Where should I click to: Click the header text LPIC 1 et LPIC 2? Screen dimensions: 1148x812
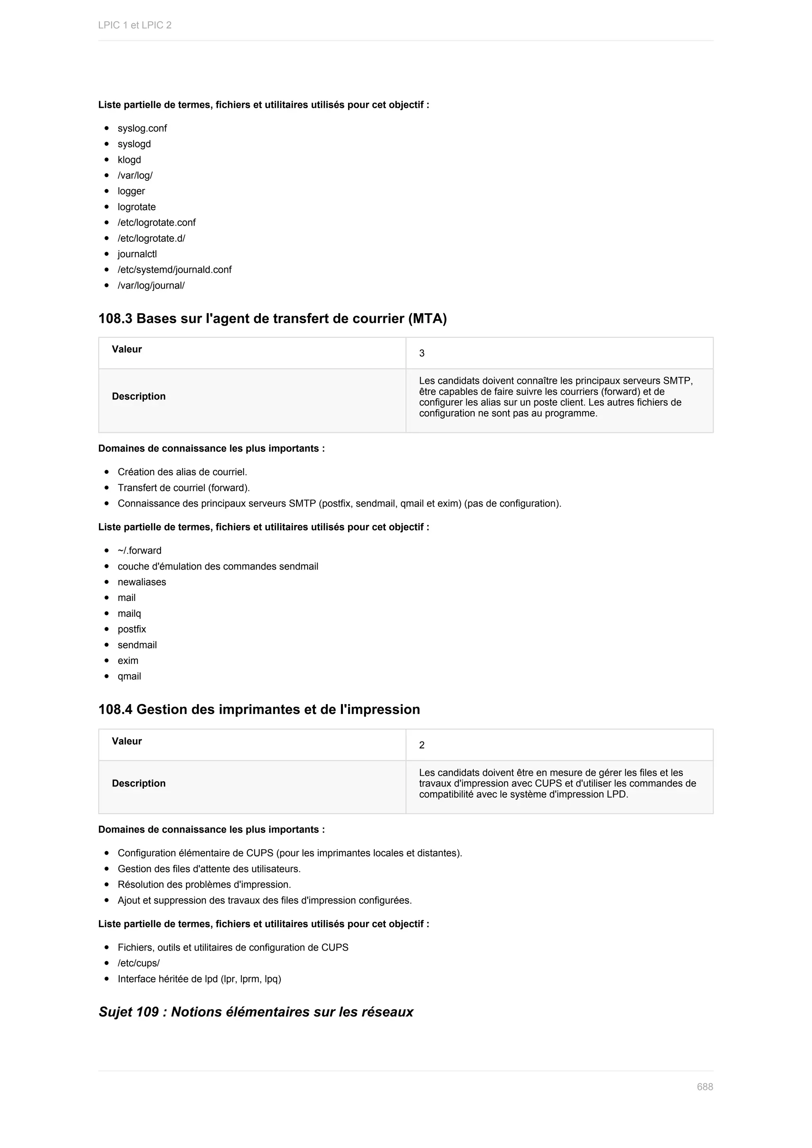pos(134,25)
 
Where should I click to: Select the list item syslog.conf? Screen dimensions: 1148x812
pos(142,128)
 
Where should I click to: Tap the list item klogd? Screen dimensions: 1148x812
pos(129,160)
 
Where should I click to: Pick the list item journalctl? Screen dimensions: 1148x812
pos(137,254)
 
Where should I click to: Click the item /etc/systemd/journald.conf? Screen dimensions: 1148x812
pos(174,270)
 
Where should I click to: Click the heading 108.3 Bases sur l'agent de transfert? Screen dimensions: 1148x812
pos(272,318)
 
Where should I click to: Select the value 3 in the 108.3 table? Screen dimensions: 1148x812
pos(421,354)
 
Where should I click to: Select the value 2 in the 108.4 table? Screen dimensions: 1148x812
pos(421,745)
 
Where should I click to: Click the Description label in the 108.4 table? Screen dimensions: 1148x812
pos(138,783)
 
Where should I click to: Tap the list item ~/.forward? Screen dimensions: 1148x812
pos(140,551)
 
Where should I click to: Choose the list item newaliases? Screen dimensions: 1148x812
pos(142,582)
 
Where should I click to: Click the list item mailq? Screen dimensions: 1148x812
pos(129,614)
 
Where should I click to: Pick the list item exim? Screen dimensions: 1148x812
pos(128,661)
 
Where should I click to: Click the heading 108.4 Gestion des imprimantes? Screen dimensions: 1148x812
pos(259,710)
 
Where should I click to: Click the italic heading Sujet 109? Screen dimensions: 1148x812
pos(255,1012)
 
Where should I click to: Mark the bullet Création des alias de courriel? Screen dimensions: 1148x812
pos(182,473)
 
